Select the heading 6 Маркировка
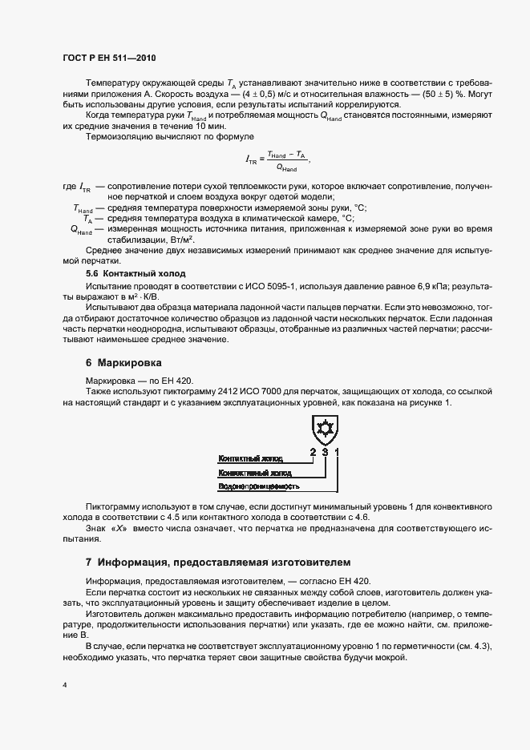click(128, 362)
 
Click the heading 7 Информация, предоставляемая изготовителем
click(217, 561)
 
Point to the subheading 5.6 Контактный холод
click(136, 272)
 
